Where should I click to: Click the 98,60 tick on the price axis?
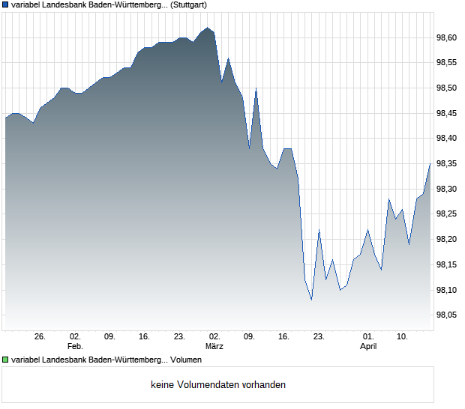[445, 37]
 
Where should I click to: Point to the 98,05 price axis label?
[445, 315]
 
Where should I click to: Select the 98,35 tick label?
[445, 163]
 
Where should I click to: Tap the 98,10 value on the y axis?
[445, 290]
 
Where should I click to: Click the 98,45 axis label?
[445, 113]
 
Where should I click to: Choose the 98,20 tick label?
[445, 240]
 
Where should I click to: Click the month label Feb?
[74, 347]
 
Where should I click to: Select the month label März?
[214, 347]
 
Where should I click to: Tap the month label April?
[368, 347]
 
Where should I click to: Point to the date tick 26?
[40, 337]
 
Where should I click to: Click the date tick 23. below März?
[319, 337]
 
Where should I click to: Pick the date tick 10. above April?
[403, 337]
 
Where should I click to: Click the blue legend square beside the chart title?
[5, 5]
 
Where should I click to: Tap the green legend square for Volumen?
[5, 360]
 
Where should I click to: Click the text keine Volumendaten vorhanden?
[218, 385]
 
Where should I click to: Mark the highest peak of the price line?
[208, 28]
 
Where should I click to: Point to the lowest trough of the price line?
[311, 300]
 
